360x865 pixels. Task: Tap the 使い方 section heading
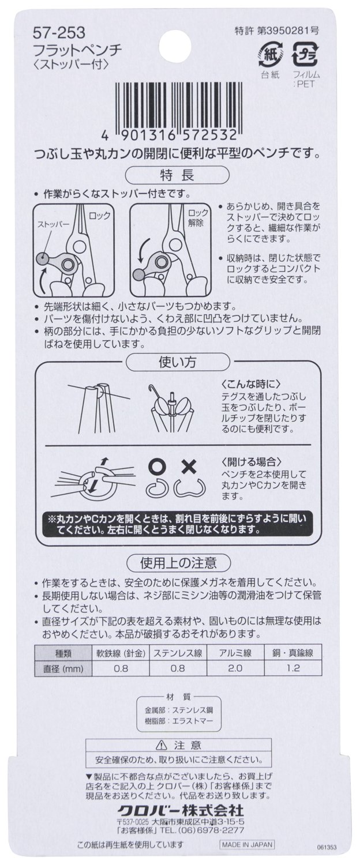pos(177,362)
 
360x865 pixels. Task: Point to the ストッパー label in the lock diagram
pos(53,224)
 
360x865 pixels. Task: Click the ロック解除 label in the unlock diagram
pos(198,219)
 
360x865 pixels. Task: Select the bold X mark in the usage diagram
pos(189,467)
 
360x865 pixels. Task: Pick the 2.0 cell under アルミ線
pos(235,668)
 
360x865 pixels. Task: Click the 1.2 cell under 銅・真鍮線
pos(293,668)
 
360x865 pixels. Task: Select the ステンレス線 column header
pos(178,653)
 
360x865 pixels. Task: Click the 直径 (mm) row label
pos(63,668)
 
